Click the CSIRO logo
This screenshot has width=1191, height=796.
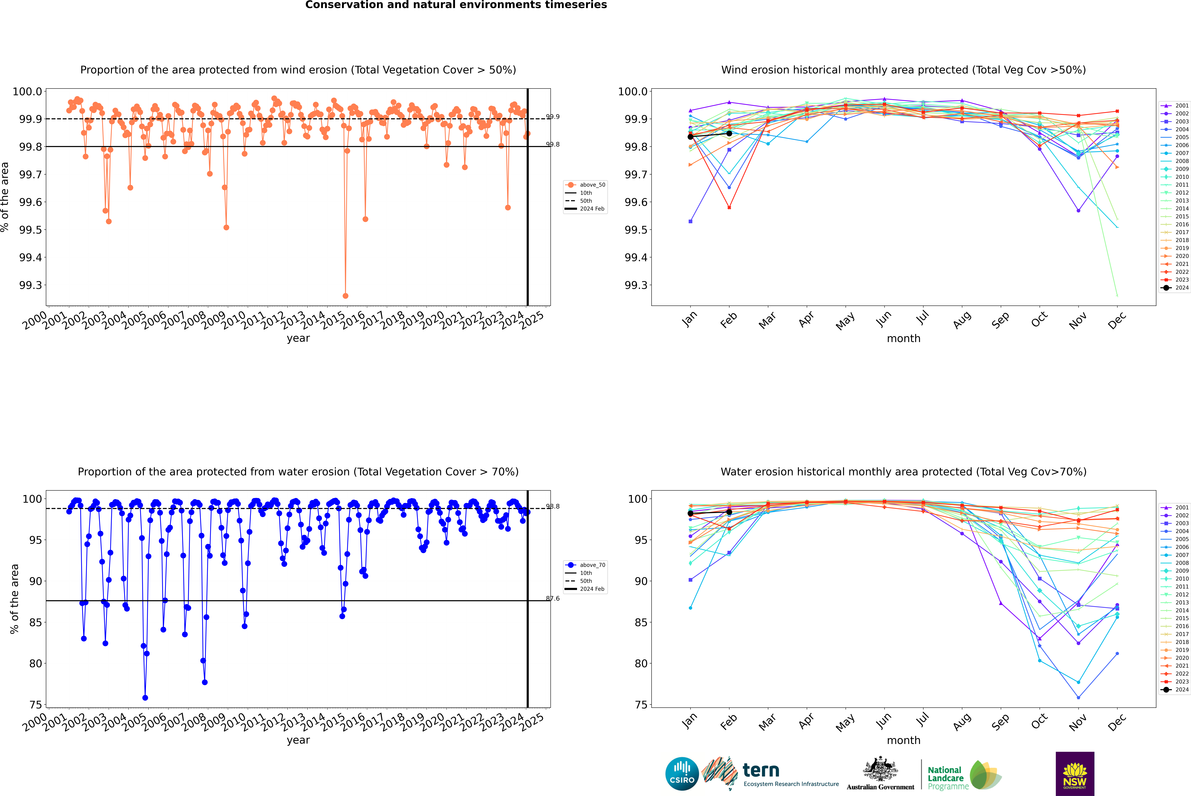[x=682, y=774]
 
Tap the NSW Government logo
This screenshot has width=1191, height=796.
[x=1075, y=774]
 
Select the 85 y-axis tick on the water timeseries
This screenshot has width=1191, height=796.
[x=36, y=622]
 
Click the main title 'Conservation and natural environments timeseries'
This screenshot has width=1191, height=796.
[x=456, y=5]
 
